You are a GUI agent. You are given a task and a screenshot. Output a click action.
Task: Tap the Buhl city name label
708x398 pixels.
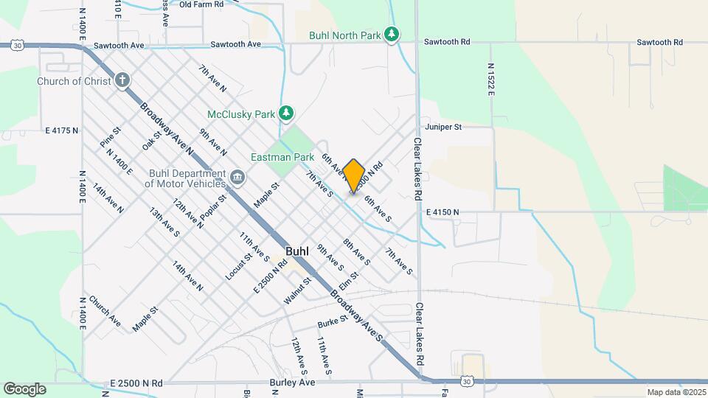click(297, 251)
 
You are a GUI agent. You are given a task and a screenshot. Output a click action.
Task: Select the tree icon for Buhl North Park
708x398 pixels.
click(393, 34)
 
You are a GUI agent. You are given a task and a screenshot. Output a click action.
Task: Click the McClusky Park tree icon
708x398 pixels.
click(286, 113)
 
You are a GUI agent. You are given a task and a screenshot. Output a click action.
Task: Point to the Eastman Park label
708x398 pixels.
click(283, 157)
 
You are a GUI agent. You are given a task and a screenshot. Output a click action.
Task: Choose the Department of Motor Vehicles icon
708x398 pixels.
click(237, 178)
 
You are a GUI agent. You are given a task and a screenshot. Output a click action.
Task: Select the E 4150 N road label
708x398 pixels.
click(442, 212)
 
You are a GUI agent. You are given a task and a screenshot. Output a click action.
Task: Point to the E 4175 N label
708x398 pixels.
click(62, 130)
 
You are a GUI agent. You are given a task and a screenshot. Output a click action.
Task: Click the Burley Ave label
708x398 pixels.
click(296, 383)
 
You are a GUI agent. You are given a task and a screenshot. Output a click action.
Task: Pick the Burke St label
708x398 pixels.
click(333, 322)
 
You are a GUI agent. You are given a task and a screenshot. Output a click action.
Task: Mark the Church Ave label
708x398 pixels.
click(104, 310)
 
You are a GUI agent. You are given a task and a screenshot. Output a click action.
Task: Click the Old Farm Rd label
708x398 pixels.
click(201, 4)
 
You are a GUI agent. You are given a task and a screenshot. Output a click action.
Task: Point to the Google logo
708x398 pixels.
click(24, 389)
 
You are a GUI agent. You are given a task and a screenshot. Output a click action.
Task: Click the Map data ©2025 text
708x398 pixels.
click(676, 392)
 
